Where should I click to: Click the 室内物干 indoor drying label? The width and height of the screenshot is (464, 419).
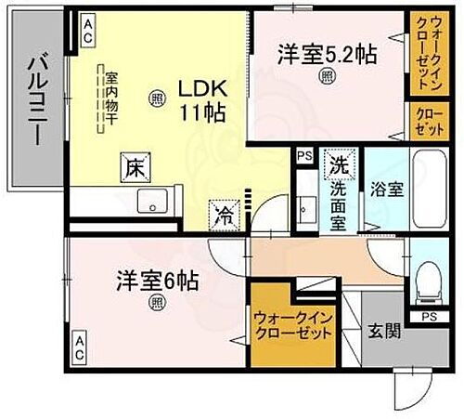(110, 98)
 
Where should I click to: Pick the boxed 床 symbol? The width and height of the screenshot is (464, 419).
(132, 169)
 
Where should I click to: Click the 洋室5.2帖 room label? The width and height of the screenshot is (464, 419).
(326, 54)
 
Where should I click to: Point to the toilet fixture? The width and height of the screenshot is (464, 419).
(428, 280)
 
